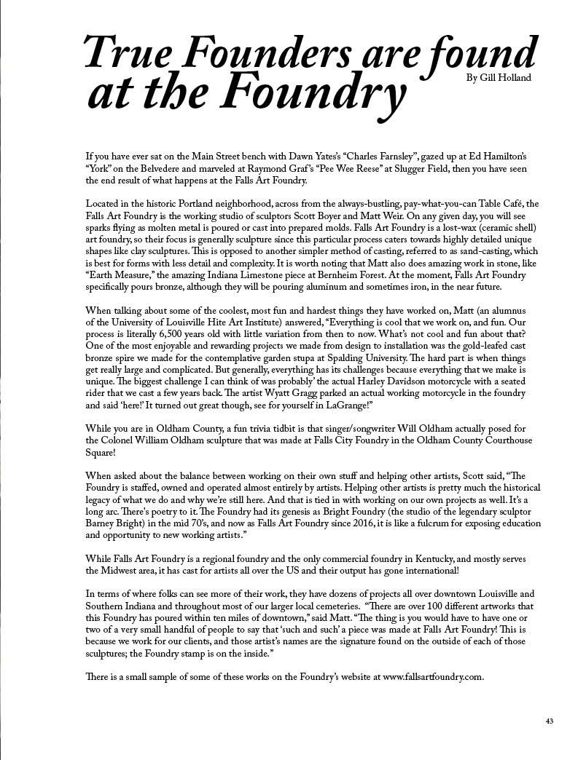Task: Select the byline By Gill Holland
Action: click(x=499, y=77)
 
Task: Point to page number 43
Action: click(x=549, y=721)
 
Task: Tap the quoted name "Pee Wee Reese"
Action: click(x=329, y=168)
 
